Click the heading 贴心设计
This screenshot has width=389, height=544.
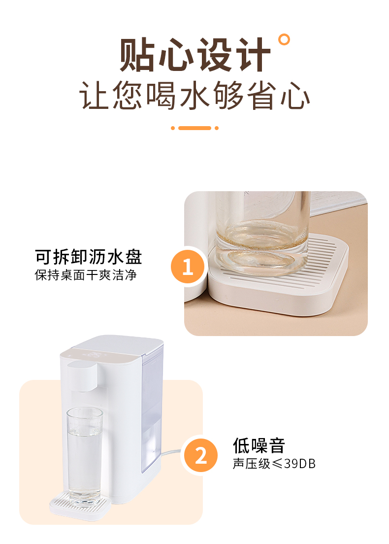[195, 55]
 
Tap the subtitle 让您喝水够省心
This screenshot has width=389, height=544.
[194, 96]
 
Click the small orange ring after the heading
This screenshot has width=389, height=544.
[284, 39]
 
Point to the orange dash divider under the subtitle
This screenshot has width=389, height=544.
[194, 128]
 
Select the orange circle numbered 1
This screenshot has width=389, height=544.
[188, 267]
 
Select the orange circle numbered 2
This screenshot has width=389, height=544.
[201, 455]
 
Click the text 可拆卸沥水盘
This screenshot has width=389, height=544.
[89, 257]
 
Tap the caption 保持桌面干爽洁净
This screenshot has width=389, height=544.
[86, 275]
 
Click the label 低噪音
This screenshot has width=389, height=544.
[259, 445]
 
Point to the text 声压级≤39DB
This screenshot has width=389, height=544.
[274, 464]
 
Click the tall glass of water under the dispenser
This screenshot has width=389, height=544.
[85, 457]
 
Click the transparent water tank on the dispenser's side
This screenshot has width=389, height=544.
[152, 409]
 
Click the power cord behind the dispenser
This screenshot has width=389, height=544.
[170, 452]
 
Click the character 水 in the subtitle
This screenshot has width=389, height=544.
[194, 96]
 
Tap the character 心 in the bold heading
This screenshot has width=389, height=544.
[176, 55]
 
